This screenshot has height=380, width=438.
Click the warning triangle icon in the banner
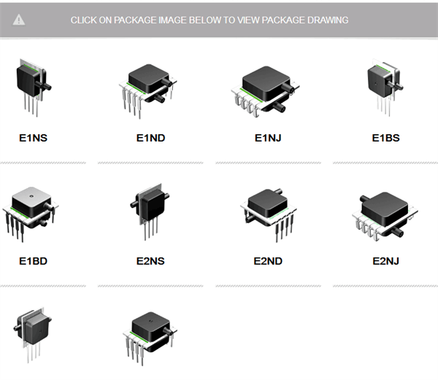pos(19,20)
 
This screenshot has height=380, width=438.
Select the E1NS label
pos(33,137)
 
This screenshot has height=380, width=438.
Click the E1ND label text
pos(150,137)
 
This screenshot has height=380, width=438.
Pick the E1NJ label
pos(269,137)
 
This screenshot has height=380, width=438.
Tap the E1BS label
pos(385,137)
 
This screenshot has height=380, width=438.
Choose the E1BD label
pos(33,260)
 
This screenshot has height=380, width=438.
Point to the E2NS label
pos(150,260)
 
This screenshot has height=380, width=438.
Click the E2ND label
pos(268,260)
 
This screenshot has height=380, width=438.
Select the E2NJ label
pos(386,260)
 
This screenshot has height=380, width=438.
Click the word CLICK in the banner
pos(84,20)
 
